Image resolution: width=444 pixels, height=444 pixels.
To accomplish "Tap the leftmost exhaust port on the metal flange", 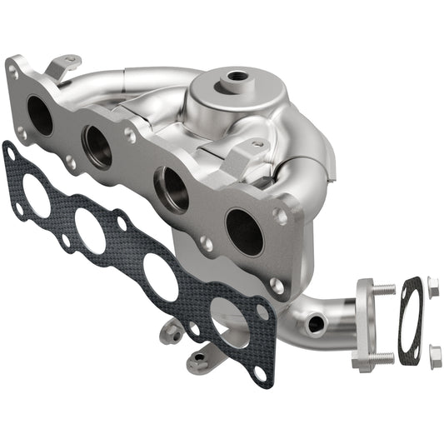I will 39,115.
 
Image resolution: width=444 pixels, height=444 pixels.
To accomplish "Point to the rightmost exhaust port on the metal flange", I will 243,232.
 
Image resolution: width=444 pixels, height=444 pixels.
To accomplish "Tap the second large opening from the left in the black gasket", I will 90,231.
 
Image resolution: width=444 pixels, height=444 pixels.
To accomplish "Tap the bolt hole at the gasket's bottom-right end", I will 260,373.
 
